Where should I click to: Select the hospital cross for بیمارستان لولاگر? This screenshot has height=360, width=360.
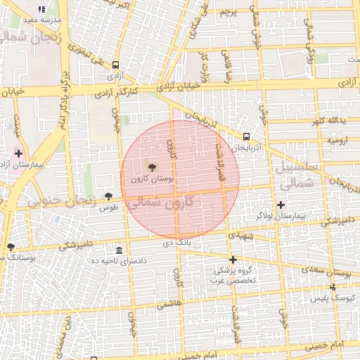[281, 205]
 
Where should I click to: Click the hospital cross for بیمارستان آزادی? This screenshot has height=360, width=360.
[18, 153]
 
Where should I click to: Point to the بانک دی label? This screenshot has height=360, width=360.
[177, 243]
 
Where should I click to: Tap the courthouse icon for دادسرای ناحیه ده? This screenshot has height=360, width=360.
[118, 250]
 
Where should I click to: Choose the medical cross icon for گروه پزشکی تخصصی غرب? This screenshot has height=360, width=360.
[233, 259]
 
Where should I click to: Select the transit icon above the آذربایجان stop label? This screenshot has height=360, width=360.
[246, 136]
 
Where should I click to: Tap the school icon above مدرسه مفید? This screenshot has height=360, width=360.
[41, 10]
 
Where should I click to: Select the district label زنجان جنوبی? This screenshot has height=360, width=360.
[61, 200]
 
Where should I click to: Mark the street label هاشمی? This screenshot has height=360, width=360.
[169, 305]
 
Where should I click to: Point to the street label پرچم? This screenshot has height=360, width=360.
[229, 13]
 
